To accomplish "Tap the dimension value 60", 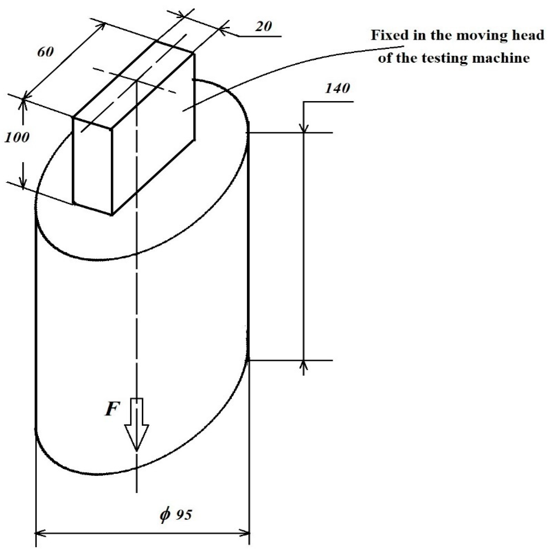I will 46,52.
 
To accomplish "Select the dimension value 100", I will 17,138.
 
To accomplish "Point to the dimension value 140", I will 337,88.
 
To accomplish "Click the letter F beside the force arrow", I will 111,408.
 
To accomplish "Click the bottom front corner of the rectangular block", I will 112,215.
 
